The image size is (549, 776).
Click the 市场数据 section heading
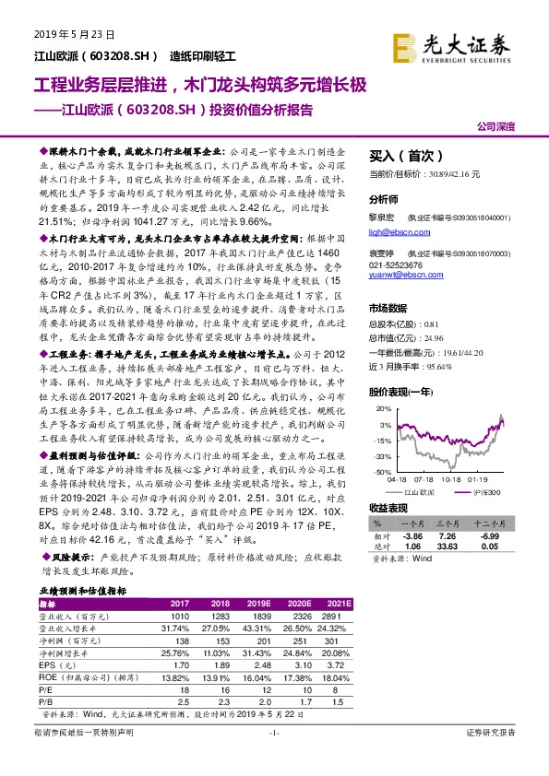click(388, 309)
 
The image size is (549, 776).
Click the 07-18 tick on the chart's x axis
click(424, 480)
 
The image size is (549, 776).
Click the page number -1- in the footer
click(273, 758)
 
